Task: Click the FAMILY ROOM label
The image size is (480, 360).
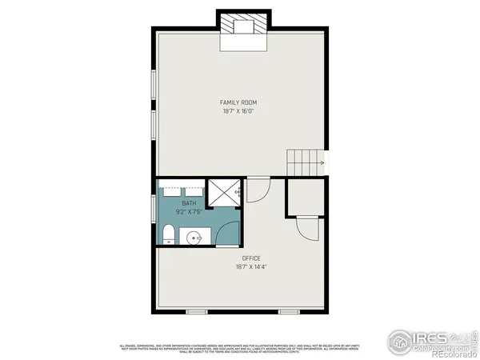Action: (238, 102)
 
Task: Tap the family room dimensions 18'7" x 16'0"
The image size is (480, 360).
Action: (238, 111)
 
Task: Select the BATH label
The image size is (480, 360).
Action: (189, 203)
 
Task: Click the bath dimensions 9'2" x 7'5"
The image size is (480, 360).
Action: (189, 212)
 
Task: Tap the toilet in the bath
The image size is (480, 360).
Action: (168, 234)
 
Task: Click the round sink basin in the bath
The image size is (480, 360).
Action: (193, 237)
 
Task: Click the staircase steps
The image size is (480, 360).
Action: (305, 163)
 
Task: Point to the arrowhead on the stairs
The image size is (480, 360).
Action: (322, 163)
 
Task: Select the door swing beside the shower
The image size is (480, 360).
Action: (257, 190)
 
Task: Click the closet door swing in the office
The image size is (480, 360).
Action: (307, 228)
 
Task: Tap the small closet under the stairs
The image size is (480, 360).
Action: (305, 198)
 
